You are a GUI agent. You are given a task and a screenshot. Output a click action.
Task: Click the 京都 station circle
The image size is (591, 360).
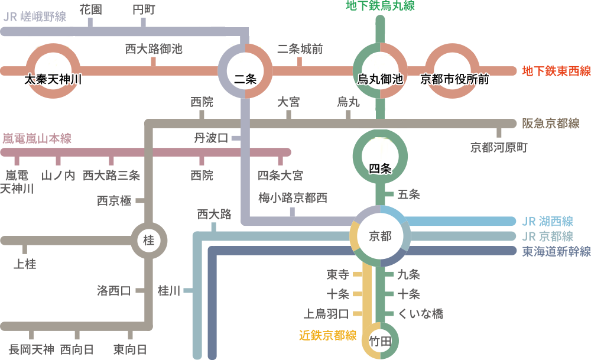click(x=381, y=236)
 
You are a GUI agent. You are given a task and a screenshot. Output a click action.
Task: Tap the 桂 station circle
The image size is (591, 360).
click(x=149, y=241)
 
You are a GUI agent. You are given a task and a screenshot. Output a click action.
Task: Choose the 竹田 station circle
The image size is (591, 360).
click(x=380, y=341)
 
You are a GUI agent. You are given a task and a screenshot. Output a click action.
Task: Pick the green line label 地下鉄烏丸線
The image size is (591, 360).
click(x=380, y=7)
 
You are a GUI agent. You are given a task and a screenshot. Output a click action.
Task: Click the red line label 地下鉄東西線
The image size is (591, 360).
click(x=556, y=72)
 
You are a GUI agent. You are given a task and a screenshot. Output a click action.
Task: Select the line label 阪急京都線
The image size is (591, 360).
click(x=550, y=124)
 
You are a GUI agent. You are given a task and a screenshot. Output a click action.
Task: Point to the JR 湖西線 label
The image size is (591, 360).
click(x=547, y=222)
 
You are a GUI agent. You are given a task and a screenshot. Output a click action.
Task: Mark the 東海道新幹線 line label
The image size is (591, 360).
click(x=556, y=251)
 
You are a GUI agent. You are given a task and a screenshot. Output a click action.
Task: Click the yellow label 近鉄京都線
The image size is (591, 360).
click(x=327, y=336)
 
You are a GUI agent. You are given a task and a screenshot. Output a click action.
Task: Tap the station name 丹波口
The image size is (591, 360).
click(x=211, y=138)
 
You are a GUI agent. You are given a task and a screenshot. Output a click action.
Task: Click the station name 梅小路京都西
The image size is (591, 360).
click(x=293, y=198)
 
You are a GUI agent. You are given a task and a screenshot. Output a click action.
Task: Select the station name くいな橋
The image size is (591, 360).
click(x=420, y=314)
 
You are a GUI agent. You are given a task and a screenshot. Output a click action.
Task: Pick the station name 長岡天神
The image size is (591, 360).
click(x=31, y=349)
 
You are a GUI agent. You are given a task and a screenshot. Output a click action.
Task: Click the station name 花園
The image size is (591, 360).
click(x=90, y=9)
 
